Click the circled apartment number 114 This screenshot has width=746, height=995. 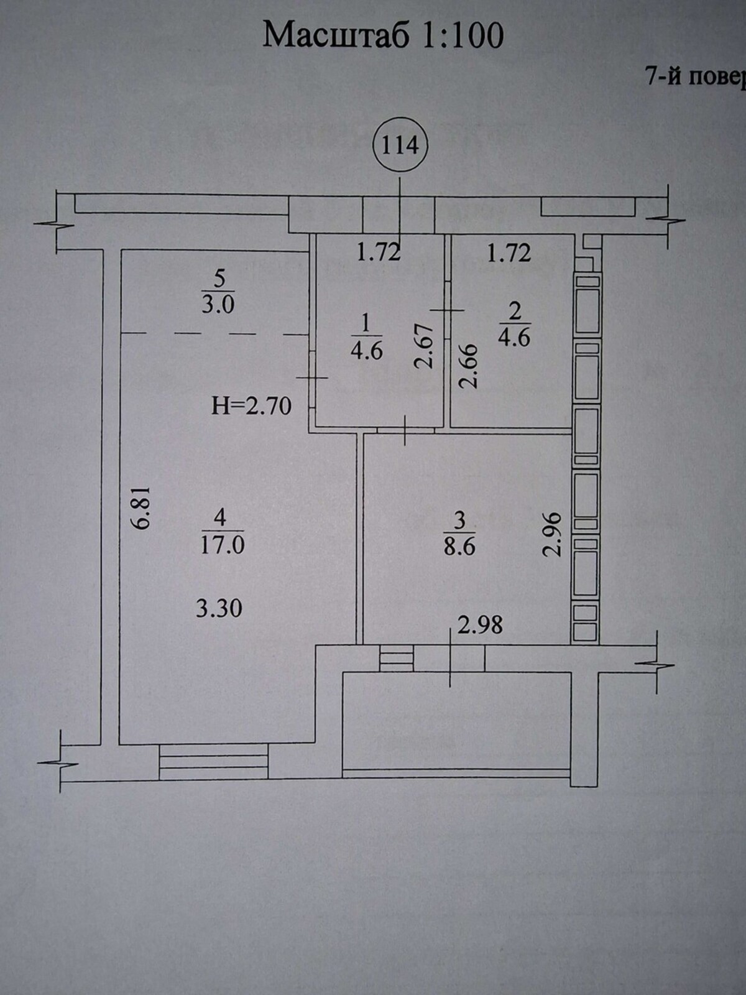400,146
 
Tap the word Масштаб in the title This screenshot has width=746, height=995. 336,35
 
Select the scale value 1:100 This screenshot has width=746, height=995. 463,35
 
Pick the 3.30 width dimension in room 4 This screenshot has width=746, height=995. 219,608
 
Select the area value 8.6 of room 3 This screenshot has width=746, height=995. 459,547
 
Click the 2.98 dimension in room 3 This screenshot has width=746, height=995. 480,626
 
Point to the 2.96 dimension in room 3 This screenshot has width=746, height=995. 553,534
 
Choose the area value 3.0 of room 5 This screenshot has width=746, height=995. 218,305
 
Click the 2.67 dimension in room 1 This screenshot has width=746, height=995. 425,345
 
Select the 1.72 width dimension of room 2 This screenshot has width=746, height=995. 509,253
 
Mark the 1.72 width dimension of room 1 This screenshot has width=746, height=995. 379,252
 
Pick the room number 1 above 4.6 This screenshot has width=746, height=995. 366,325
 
